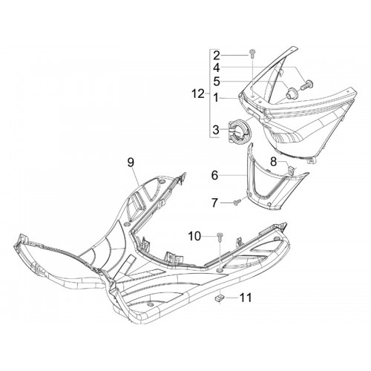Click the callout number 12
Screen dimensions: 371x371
pos(198,94)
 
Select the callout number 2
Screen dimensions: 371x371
pos(217,56)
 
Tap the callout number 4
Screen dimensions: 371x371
pos(217,68)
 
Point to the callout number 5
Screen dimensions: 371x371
pos(217,82)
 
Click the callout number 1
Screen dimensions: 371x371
pos(216,98)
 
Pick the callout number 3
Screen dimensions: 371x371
pos(216,130)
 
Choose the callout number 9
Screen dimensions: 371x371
pos(131,162)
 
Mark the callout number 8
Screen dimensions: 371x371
pos(273,162)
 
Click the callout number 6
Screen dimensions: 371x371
pos(214,175)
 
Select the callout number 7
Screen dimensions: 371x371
pos(214,203)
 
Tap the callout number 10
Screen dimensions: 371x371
pos(194,237)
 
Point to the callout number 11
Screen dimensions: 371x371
pos(246,298)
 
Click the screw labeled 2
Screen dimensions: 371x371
pos(252,53)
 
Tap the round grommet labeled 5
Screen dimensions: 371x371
pos(290,93)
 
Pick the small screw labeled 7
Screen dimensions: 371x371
pos(236,203)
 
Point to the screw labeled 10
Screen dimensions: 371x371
pos(219,237)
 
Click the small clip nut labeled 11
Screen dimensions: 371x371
pos(218,298)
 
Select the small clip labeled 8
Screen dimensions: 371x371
pos(292,170)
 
